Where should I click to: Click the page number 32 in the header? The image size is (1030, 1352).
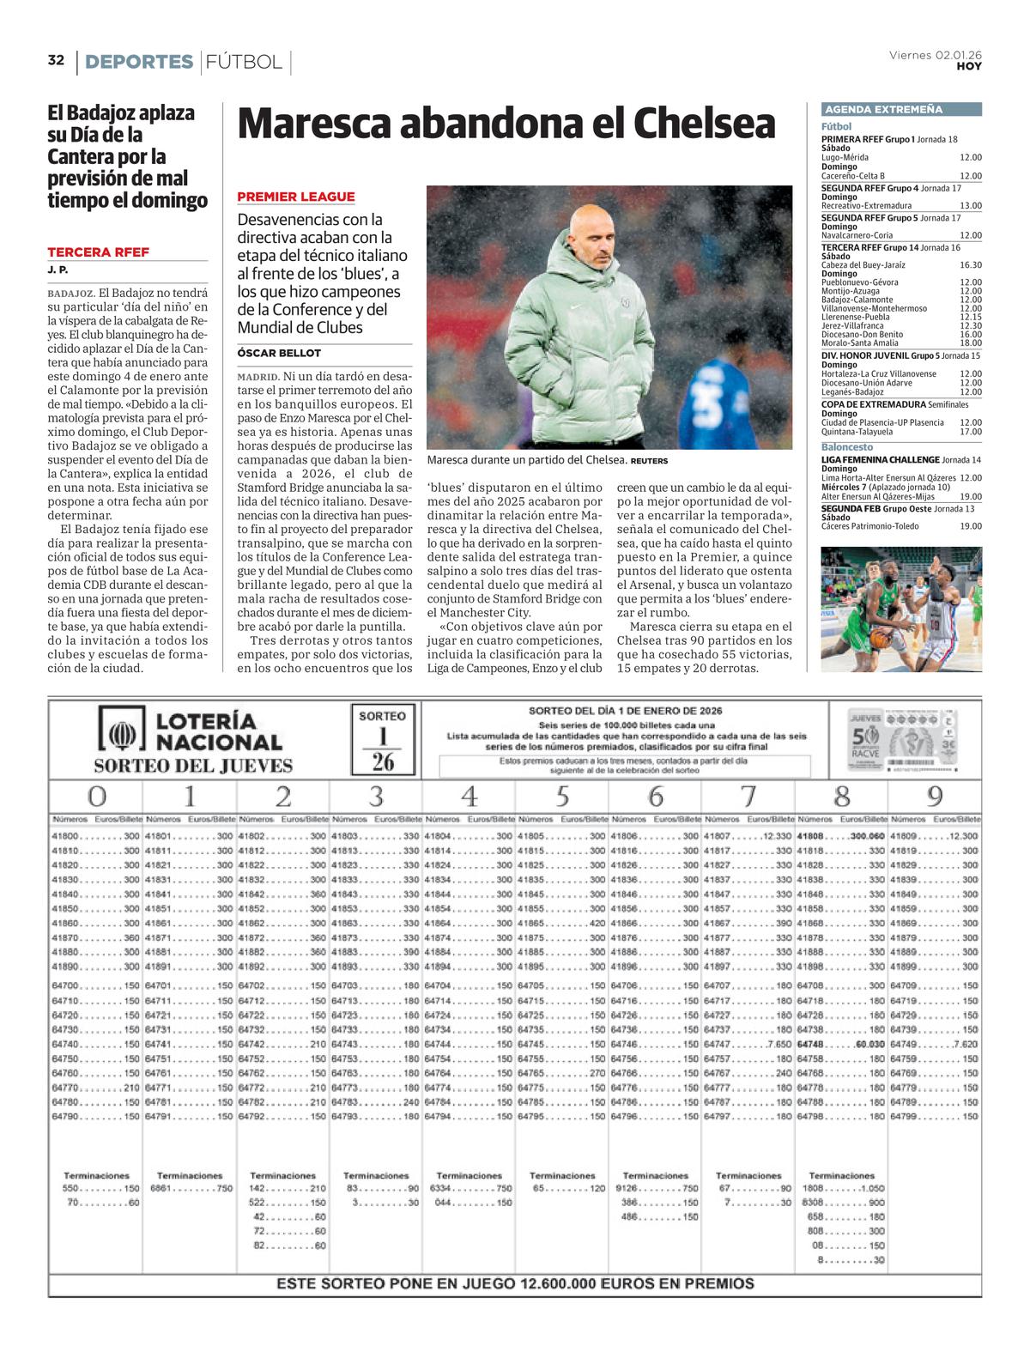56,60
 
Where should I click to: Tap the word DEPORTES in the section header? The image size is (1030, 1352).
139,62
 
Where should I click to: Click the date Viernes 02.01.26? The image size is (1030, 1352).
935,55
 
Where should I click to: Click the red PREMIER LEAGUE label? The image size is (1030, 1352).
296,197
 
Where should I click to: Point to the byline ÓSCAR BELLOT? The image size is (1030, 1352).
279,353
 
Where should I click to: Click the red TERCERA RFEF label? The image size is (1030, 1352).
98,252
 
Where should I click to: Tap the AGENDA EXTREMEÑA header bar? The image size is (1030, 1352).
901,110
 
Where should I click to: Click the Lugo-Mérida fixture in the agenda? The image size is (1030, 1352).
845,158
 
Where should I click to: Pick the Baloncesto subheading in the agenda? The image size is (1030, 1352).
846,447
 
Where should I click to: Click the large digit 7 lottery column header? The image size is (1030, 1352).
748,797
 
